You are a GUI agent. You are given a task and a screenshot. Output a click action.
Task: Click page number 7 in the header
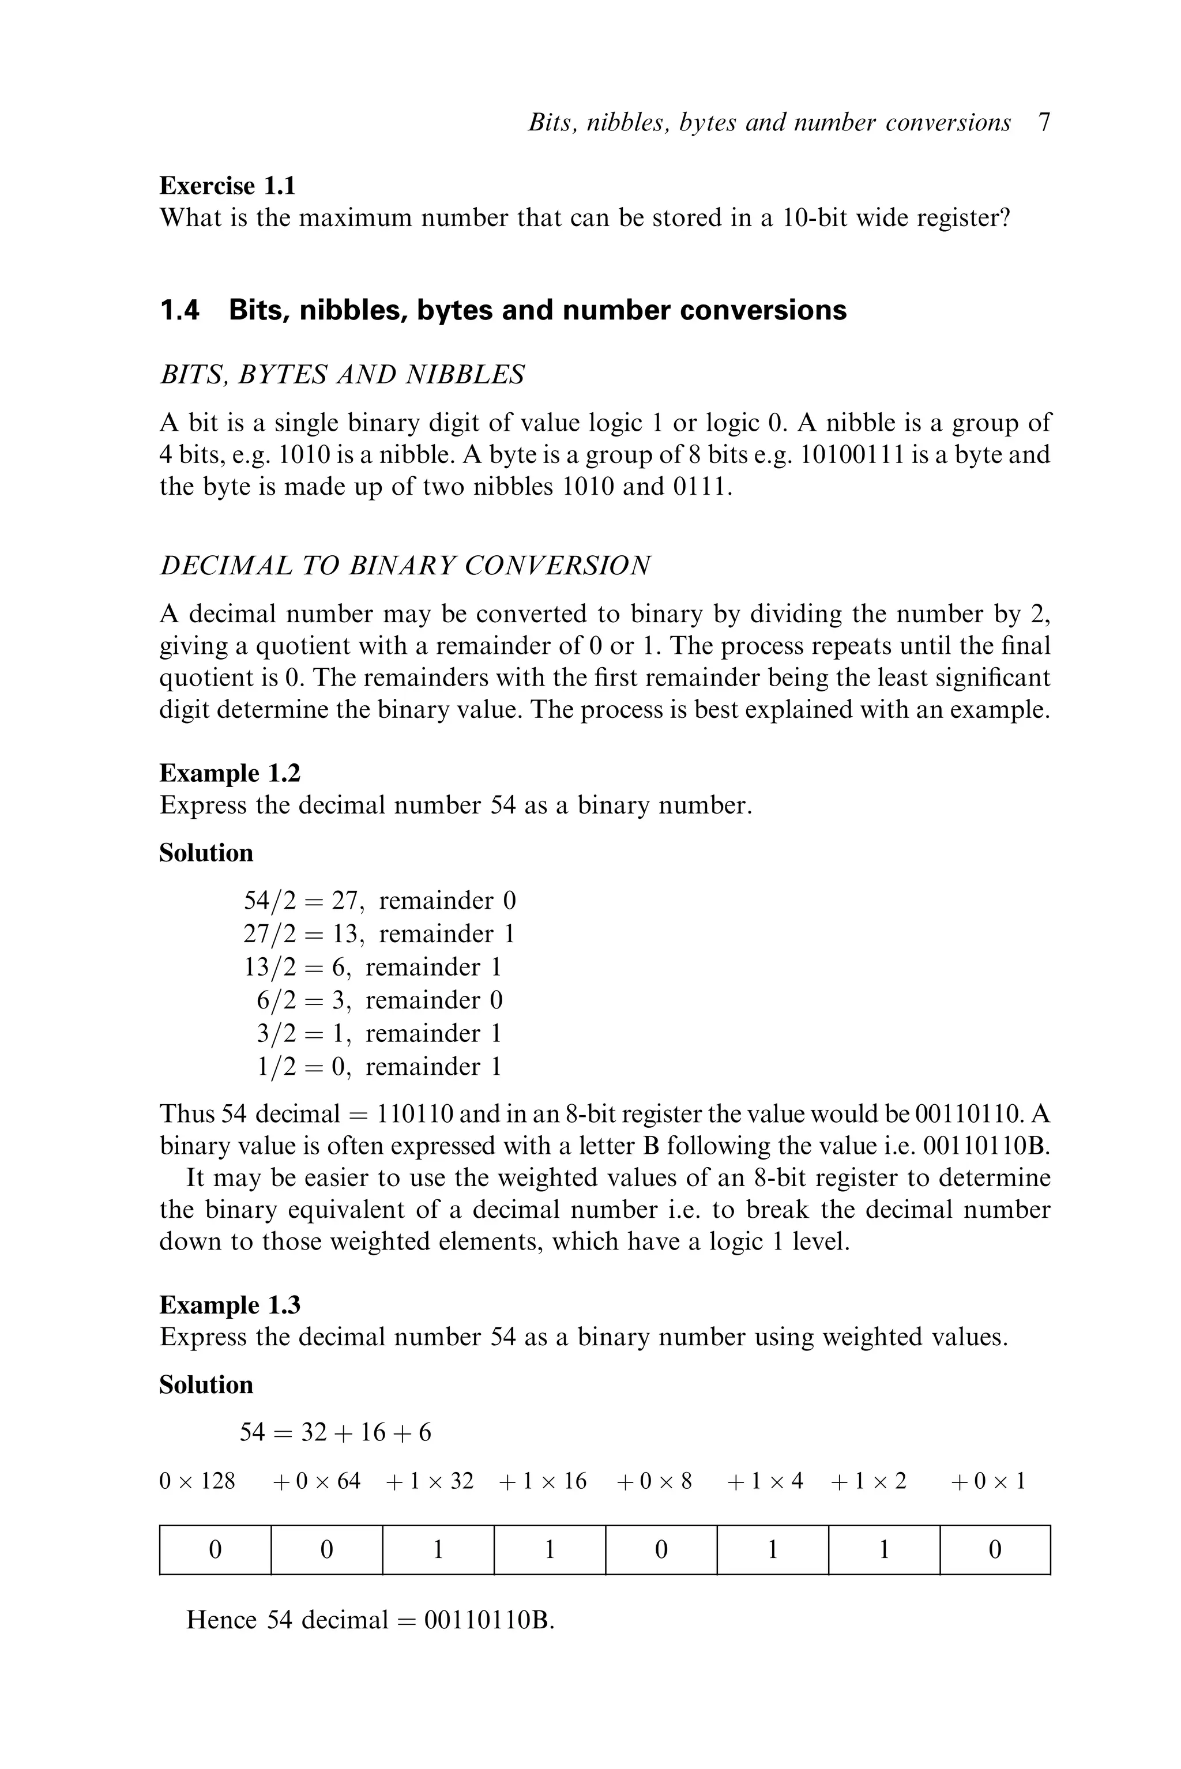tap(1043, 122)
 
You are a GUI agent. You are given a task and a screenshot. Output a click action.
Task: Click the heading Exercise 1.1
tap(227, 185)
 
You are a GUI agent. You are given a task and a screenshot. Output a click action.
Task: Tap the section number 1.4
tap(180, 310)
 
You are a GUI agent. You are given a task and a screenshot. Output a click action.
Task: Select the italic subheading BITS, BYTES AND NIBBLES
tap(342, 374)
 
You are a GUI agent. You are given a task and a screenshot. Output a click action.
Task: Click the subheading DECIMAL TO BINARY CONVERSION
tap(405, 566)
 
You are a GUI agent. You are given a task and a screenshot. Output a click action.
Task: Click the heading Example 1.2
tap(230, 773)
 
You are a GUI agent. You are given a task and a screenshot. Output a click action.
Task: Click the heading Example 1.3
tap(230, 1305)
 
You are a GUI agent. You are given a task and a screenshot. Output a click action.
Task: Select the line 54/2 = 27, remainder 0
tap(379, 901)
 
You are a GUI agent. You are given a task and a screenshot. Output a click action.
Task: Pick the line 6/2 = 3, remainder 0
tap(379, 1000)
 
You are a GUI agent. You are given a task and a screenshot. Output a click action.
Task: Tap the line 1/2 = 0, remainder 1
tap(379, 1066)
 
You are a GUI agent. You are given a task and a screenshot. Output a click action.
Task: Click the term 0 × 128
tap(197, 1482)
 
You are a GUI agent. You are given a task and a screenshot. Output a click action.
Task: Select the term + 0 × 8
tap(654, 1482)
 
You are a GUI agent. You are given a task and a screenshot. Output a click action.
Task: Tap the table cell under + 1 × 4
tap(772, 1550)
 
